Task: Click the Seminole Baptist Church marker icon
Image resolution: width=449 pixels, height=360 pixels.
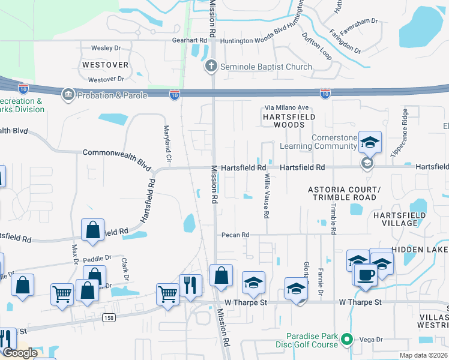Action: coord(211,67)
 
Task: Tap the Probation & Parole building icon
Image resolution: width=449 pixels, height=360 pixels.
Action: coord(68,95)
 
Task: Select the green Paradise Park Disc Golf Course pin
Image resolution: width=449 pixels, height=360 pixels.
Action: coord(346,340)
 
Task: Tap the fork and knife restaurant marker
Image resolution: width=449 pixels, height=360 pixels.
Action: coord(190,284)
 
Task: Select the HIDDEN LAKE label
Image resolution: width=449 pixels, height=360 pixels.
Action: coord(420,249)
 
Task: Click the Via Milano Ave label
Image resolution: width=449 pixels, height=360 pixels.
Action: coord(287,108)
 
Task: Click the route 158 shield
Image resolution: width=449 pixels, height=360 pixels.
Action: coord(109,317)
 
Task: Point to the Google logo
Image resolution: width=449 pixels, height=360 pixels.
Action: coord(20,353)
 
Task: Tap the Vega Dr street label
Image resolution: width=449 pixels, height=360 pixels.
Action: coord(371,340)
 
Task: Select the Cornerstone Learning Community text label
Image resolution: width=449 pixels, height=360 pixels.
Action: coord(334,142)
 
